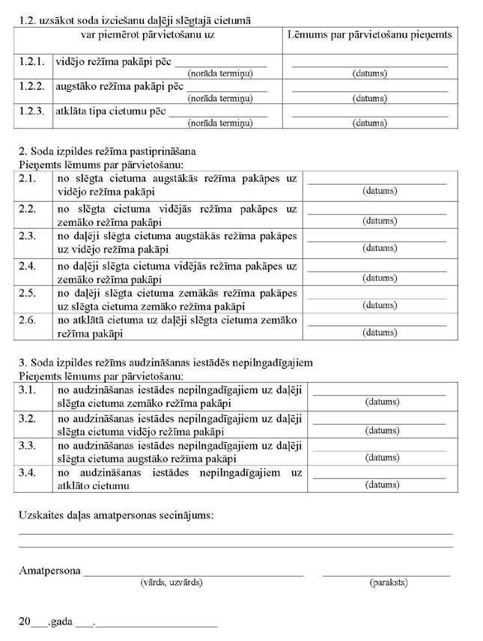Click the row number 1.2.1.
(32, 63)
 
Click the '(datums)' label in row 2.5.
(380, 305)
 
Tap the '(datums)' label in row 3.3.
(381, 458)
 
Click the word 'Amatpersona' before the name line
(49, 571)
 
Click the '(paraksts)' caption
(388, 582)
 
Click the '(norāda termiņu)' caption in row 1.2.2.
(219, 98)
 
